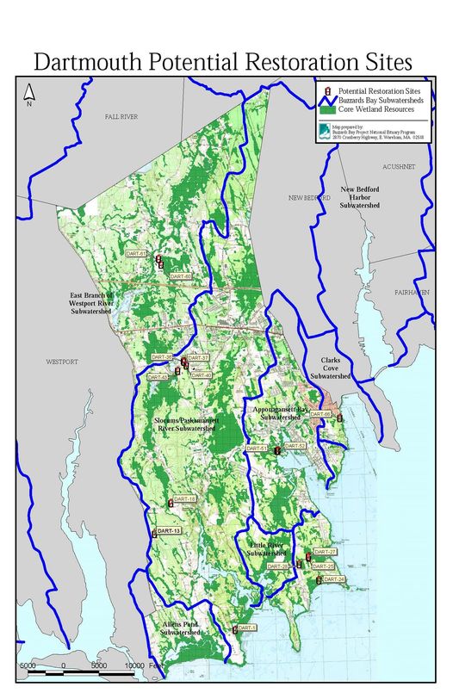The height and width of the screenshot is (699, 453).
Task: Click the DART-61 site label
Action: [x=136, y=254]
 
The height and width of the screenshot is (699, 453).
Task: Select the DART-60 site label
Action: [x=180, y=275]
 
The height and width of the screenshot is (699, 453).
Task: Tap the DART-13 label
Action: [x=168, y=532]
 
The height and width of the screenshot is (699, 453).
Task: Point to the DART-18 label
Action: [x=184, y=500]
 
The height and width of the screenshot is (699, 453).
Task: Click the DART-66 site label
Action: [x=320, y=414]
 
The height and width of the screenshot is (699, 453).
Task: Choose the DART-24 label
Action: [x=334, y=580]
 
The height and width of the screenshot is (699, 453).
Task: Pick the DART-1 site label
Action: [x=247, y=628]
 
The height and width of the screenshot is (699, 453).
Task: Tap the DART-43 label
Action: [x=158, y=377]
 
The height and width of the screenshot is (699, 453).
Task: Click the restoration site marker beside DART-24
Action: [x=320, y=581]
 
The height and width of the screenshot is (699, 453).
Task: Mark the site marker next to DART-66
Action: [x=339, y=418]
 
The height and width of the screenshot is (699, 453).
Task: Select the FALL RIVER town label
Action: [x=121, y=116]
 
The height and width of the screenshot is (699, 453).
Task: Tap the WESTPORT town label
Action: [x=62, y=362]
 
